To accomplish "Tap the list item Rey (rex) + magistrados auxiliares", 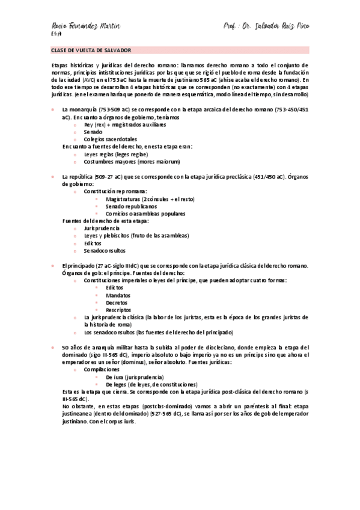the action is [x=125, y=124].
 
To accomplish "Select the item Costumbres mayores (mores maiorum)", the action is [x=123, y=162].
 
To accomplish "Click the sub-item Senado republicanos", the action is [x=131, y=206].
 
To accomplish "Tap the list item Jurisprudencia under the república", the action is [x=102, y=229].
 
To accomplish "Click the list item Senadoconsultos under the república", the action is [x=105, y=250].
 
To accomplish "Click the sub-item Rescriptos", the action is [x=120, y=310].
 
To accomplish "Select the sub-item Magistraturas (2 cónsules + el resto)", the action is [x=150, y=198].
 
